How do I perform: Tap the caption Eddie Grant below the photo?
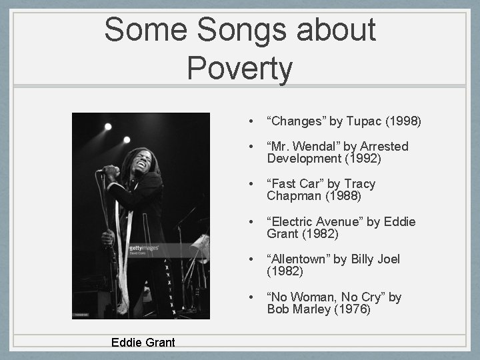pyautogui.click(x=143, y=343)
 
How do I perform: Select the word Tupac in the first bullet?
pyautogui.click(x=363, y=121)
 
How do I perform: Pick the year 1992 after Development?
pyautogui.click(x=364, y=159)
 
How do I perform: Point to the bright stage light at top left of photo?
pyautogui.click(x=108, y=127)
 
